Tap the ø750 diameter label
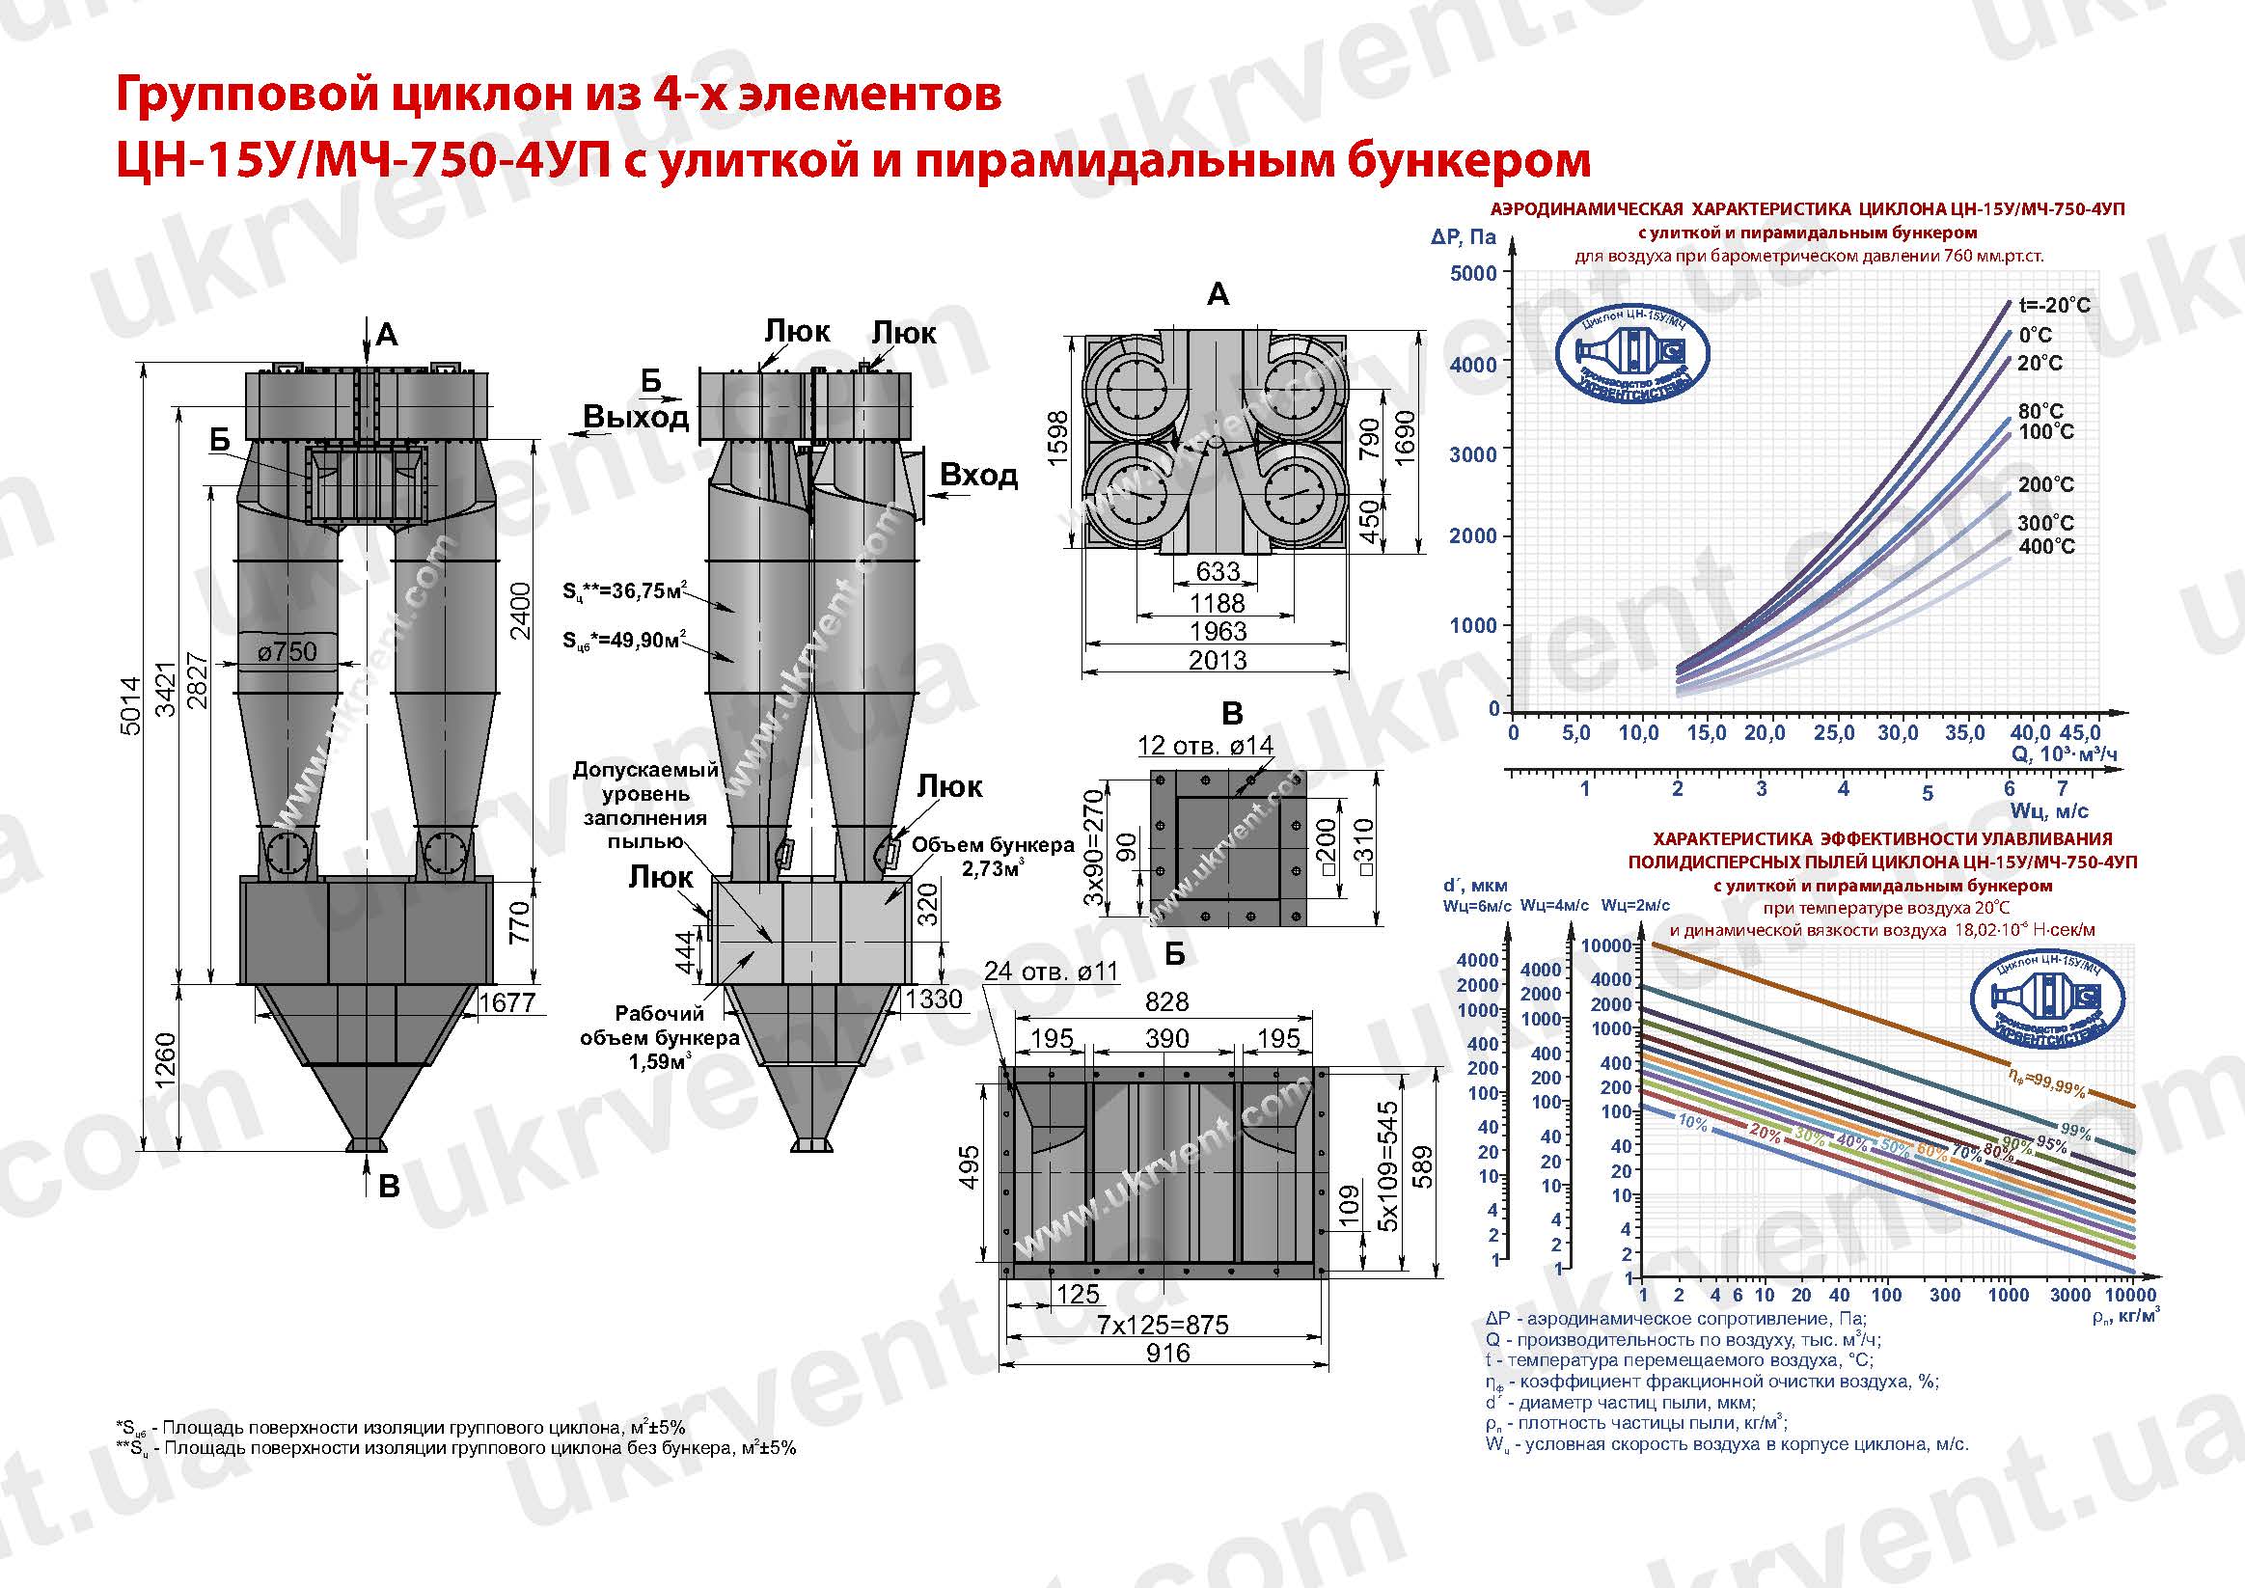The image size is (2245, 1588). [287, 651]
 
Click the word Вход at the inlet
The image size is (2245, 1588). [978, 476]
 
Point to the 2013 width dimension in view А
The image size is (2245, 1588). [1218, 661]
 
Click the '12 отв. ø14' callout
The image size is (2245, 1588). [1205, 745]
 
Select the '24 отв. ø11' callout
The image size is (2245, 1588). [1051, 971]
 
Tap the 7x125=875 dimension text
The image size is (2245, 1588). [1162, 1325]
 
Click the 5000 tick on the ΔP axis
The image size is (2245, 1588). [1473, 273]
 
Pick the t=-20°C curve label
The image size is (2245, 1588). [2054, 305]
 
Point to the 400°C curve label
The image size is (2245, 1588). [2045, 547]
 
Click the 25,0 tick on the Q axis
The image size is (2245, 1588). [1833, 733]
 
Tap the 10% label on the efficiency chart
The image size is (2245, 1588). [1691, 1124]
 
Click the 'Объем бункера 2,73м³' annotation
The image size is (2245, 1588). [992, 856]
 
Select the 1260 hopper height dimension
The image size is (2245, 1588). [165, 1058]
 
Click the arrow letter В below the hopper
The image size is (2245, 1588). [388, 1187]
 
